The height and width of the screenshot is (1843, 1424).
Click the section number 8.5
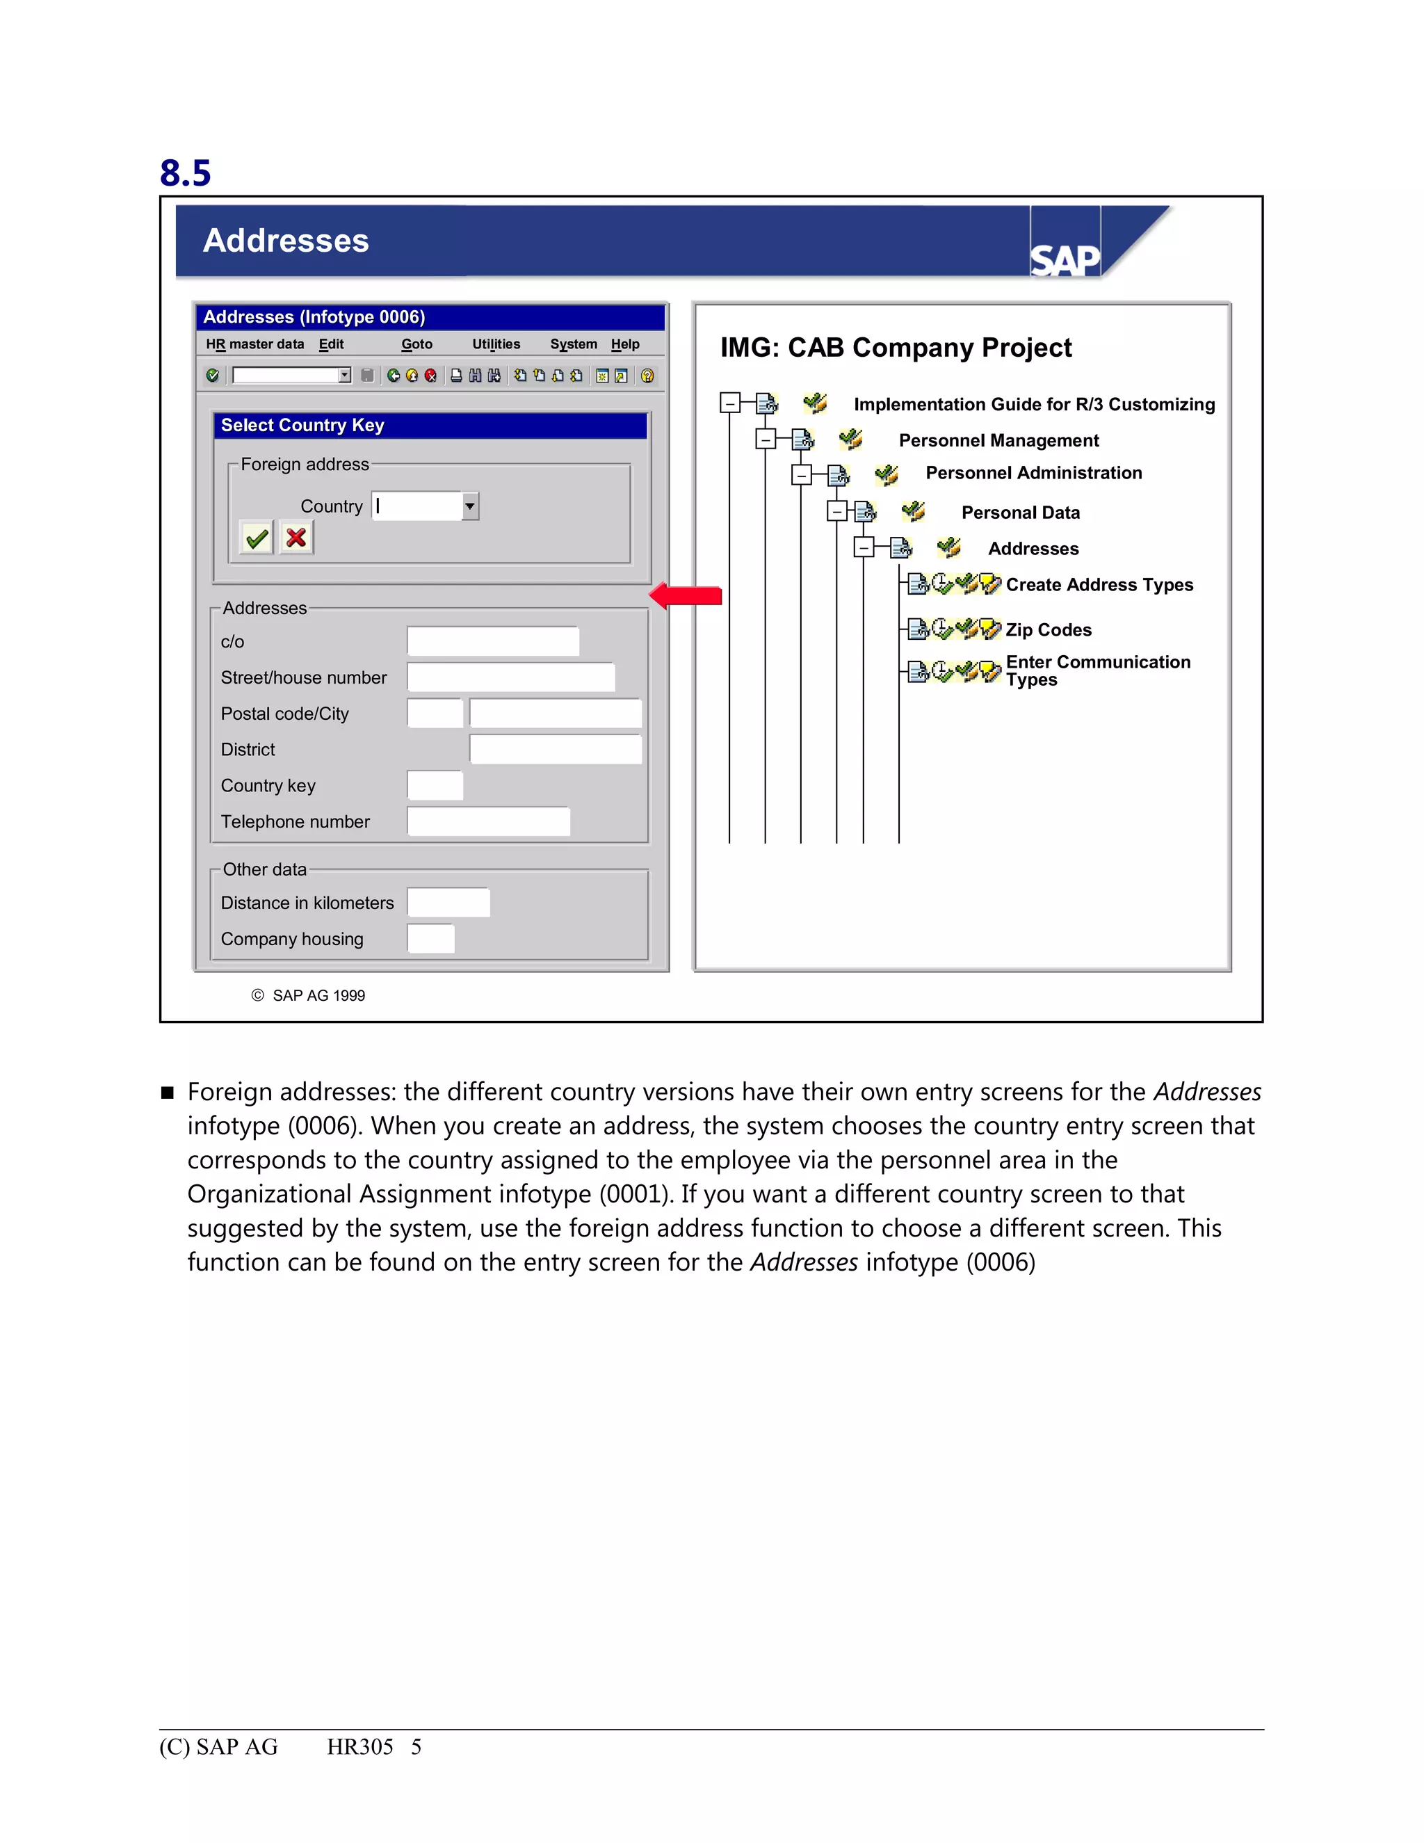tap(185, 173)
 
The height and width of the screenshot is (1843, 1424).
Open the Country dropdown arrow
tap(470, 506)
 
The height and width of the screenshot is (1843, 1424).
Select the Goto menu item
tap(416, 344)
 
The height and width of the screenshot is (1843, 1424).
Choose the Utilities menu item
tap(496, 344)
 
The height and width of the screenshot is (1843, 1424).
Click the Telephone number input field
tap(488, 821)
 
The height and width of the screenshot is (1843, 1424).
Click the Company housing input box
tap(430, 938)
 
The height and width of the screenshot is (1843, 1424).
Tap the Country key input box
tap(435, 784)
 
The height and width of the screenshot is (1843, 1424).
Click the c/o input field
tap(493, 641)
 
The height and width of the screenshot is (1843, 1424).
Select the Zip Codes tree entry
tap(1048, 629)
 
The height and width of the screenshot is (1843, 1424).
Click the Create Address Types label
tap(1099, 585)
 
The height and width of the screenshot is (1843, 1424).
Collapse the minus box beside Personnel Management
tap(765, 440)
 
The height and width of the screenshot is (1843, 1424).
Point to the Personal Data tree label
tap(1020, 513)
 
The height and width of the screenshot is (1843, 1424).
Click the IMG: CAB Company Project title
tap(895, 348)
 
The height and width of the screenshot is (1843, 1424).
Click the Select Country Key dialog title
tap(303, 426)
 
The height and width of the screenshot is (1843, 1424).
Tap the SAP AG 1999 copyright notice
tap(309, 996)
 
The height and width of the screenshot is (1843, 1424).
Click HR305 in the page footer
tap(360, 1747)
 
